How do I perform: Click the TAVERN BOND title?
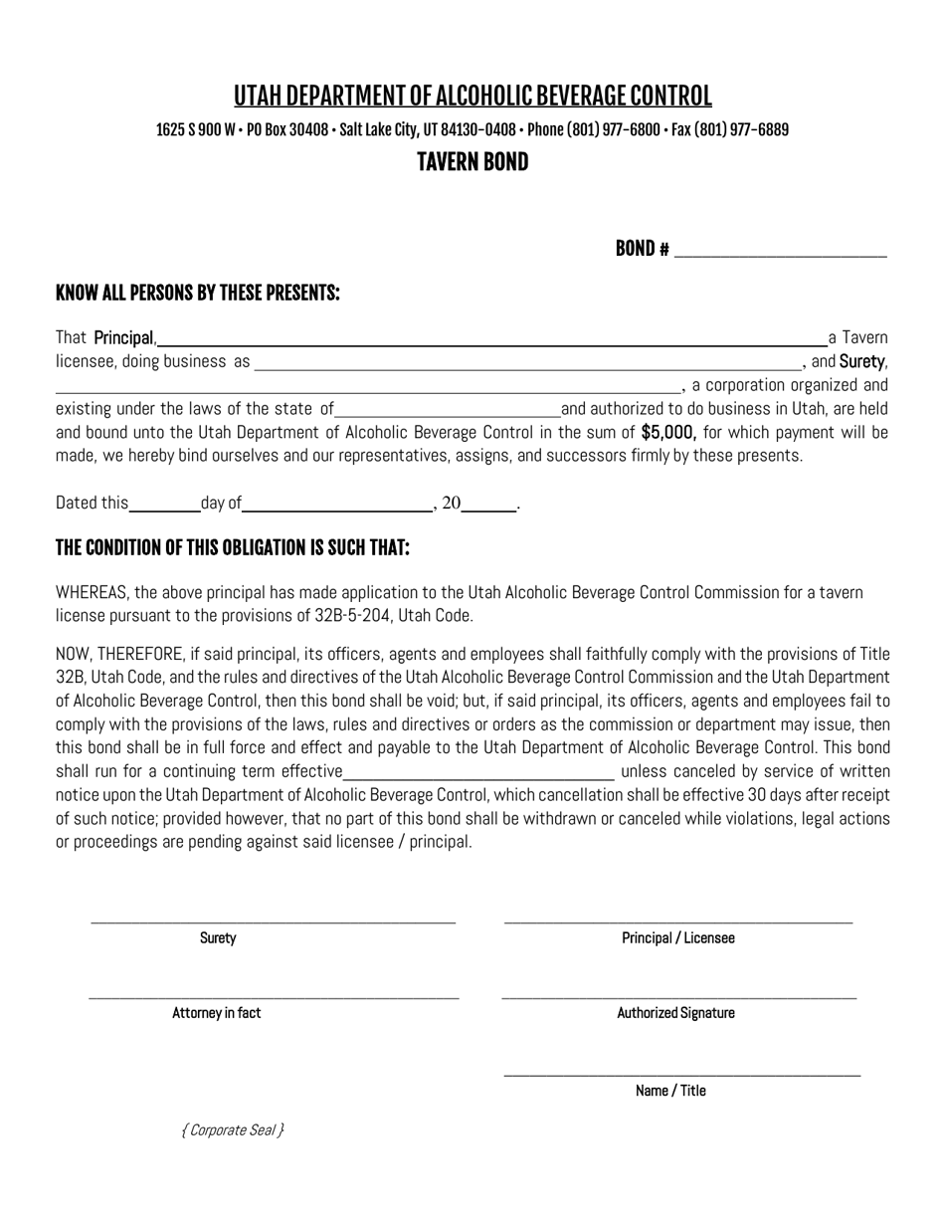pos(472,162)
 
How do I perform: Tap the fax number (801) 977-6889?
pos(740,130)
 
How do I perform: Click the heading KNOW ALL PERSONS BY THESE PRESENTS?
pos(198,293)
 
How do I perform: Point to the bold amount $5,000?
pos(668,432)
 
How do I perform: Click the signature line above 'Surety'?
pos(273,920)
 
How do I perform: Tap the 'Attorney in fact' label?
pos(217,1013)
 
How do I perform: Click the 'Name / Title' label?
pos(670,1091)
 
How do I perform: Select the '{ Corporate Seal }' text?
pos(233,1129)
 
